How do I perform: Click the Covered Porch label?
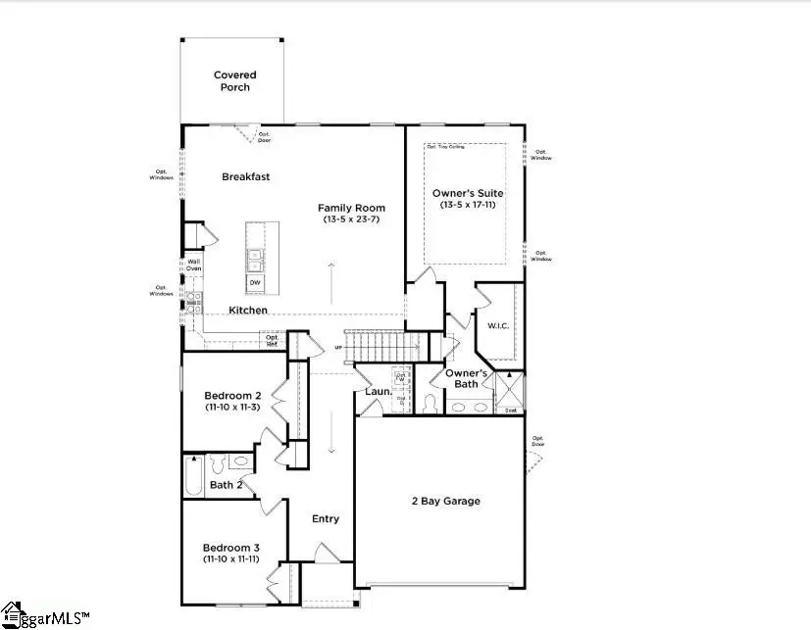[x=234, y=80]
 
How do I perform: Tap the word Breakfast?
[x=245, y=177]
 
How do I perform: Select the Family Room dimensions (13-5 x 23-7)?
[x=351, y=220]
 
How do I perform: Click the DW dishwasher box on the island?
[x=255, y=282]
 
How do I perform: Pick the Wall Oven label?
[x=194, y=265]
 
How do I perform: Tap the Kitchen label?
[x=248, y=310]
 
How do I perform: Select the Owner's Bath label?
[x=466, y=378]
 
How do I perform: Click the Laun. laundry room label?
[x=379, y=393]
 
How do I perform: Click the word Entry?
[x=326, y=518]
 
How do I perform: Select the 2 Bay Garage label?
[x=445, y=501]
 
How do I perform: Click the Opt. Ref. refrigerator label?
[x=272, y=340]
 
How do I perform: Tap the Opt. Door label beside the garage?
[x=537, y=441]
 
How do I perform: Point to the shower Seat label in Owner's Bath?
[x=511, y=410]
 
